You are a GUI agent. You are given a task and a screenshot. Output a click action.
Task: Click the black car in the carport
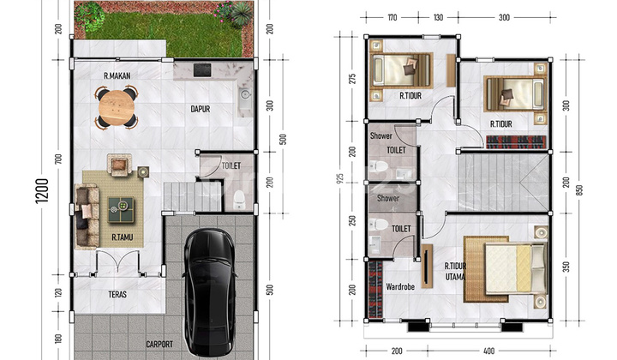point(210,292)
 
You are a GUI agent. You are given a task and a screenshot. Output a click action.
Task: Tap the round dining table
point(117,107)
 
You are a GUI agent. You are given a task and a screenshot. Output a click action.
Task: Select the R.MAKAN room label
point(117,75)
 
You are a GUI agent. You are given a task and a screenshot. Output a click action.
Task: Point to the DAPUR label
point(201,109)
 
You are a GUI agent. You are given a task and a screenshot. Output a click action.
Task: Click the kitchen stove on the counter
point(202,70)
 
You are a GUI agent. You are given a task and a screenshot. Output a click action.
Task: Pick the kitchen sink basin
point(245,95)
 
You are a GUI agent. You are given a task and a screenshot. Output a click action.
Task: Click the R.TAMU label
point(122,237)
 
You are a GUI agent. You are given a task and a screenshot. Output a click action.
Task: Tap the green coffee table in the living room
point(121,210)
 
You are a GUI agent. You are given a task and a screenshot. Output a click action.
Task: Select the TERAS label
point(117,294)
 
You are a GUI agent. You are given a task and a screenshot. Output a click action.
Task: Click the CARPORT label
point(159,345)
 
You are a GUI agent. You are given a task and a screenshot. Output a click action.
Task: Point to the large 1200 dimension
point(42,191)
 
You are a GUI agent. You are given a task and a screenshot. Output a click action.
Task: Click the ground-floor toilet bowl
point(239,199)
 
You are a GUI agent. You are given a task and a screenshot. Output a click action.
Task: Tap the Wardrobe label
point(400,287)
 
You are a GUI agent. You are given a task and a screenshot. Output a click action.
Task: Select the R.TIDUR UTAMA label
point(455,272)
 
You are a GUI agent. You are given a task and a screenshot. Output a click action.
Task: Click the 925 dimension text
point(341,178)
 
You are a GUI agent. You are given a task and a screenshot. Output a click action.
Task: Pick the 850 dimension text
point(578,190)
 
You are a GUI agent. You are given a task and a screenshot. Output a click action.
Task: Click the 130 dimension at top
point(438,17)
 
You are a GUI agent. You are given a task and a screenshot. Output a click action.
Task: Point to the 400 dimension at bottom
point(488,351)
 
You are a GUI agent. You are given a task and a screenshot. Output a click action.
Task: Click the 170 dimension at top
point(392,17)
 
